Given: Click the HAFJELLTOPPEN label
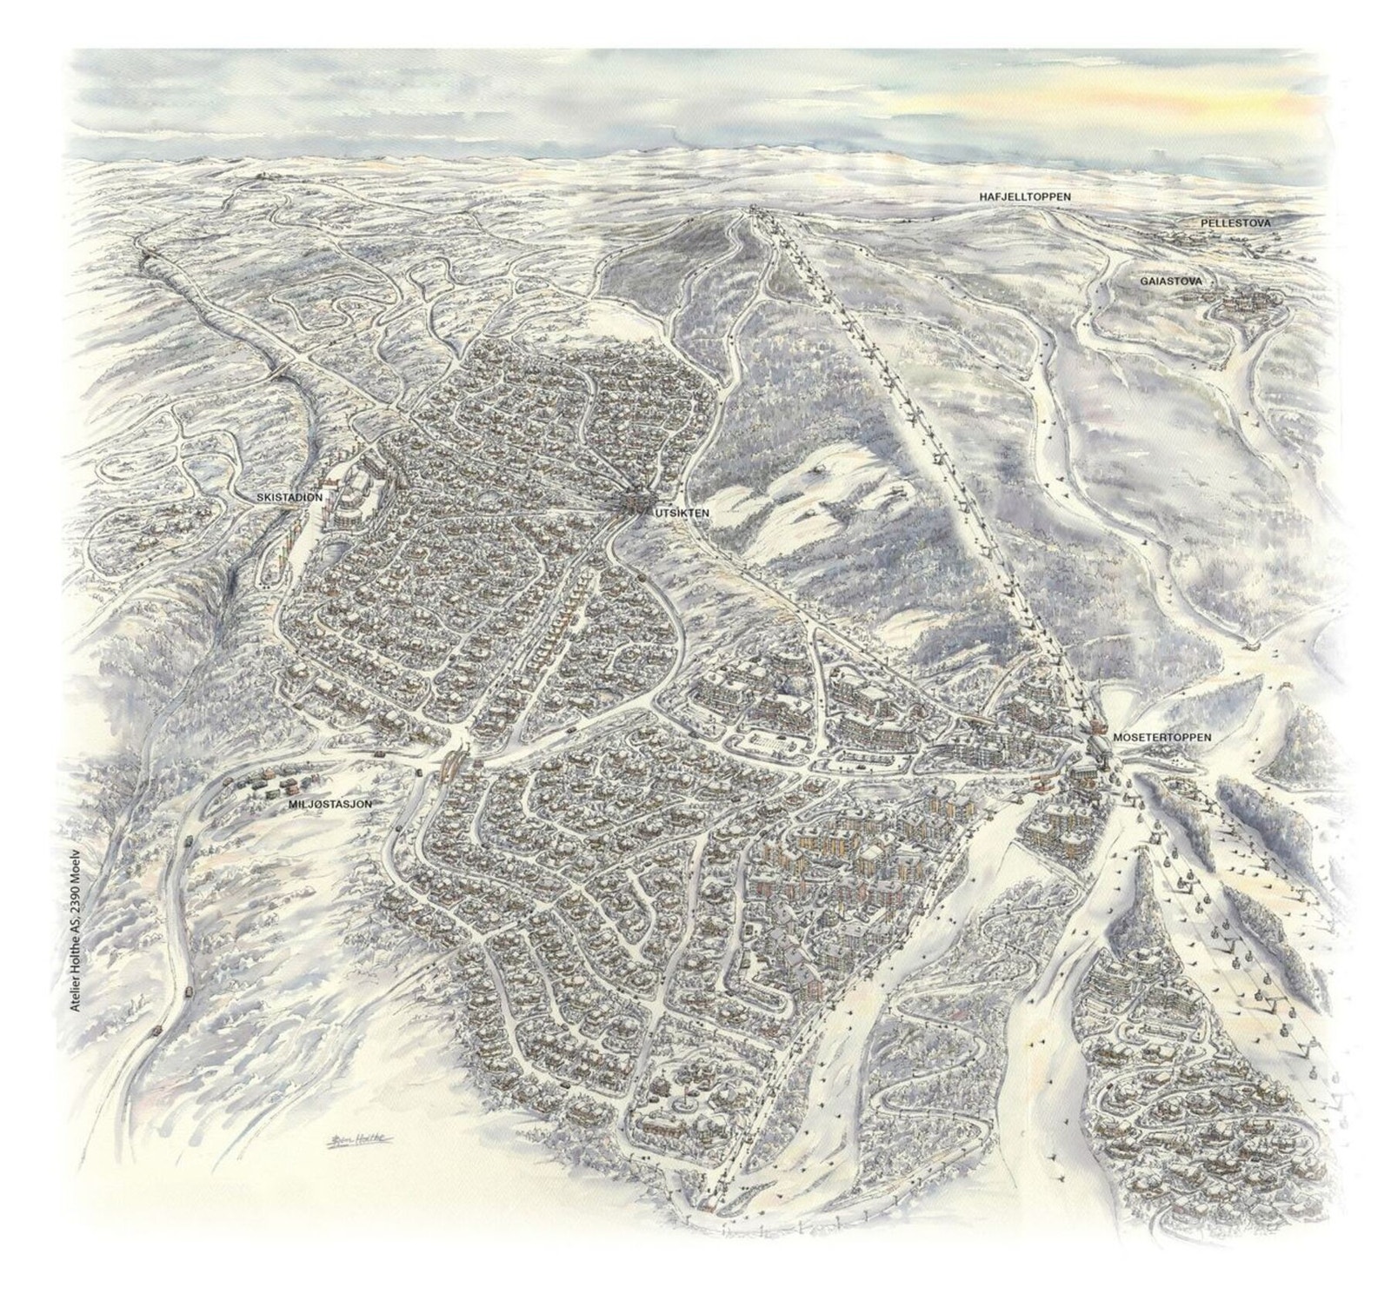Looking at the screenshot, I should pyautogui.click(x=1022, y=197).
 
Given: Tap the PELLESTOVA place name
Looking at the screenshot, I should pyautogui.click(x=1235, y=223).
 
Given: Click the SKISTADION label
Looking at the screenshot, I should pyautogui.click(x=290, y=497).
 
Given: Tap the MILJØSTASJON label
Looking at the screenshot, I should pyautogui.click(x=330, y=805).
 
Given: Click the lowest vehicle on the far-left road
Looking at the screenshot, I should pyautogui.click(x=157, y=1028).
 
